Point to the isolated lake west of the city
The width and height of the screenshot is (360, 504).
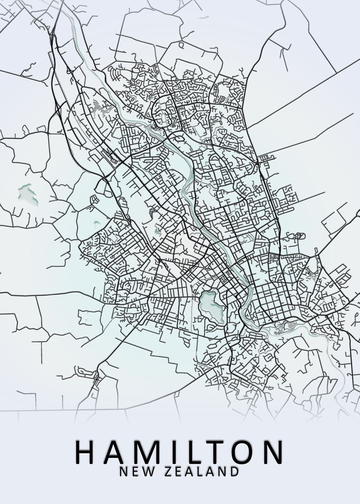(x=27, y=194)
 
